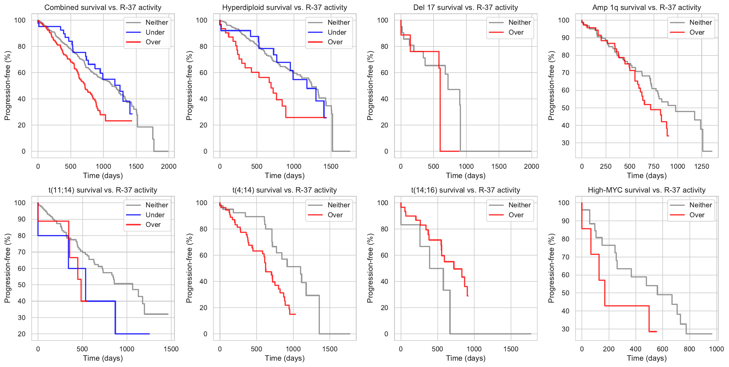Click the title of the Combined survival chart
coord(103,8)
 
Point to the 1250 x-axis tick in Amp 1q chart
coord(702,166)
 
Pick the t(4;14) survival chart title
coord(284,190)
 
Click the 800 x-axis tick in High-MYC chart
coord(690,349)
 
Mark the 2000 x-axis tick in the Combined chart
coord(169,166)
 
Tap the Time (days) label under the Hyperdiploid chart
coord(285,176)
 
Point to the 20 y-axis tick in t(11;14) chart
coord(22,334)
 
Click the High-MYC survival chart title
coord(647,190)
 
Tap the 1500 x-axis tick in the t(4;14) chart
coord(330,349)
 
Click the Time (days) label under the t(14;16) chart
coord(465,358)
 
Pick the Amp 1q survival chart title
coord(647,8)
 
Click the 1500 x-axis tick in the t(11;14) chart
coord(171,349)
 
